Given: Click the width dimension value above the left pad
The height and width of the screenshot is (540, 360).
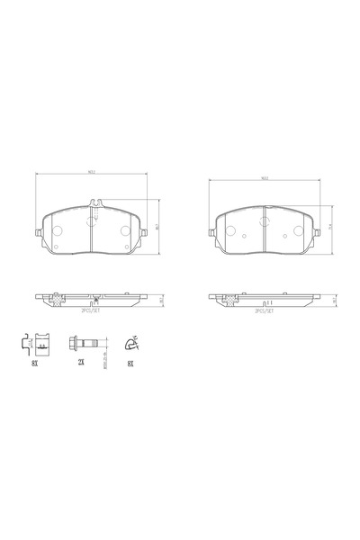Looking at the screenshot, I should coord(92,173).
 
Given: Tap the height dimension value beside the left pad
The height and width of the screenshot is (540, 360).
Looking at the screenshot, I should coord(158,227).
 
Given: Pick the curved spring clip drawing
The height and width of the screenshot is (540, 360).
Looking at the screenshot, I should coord(131,342).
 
